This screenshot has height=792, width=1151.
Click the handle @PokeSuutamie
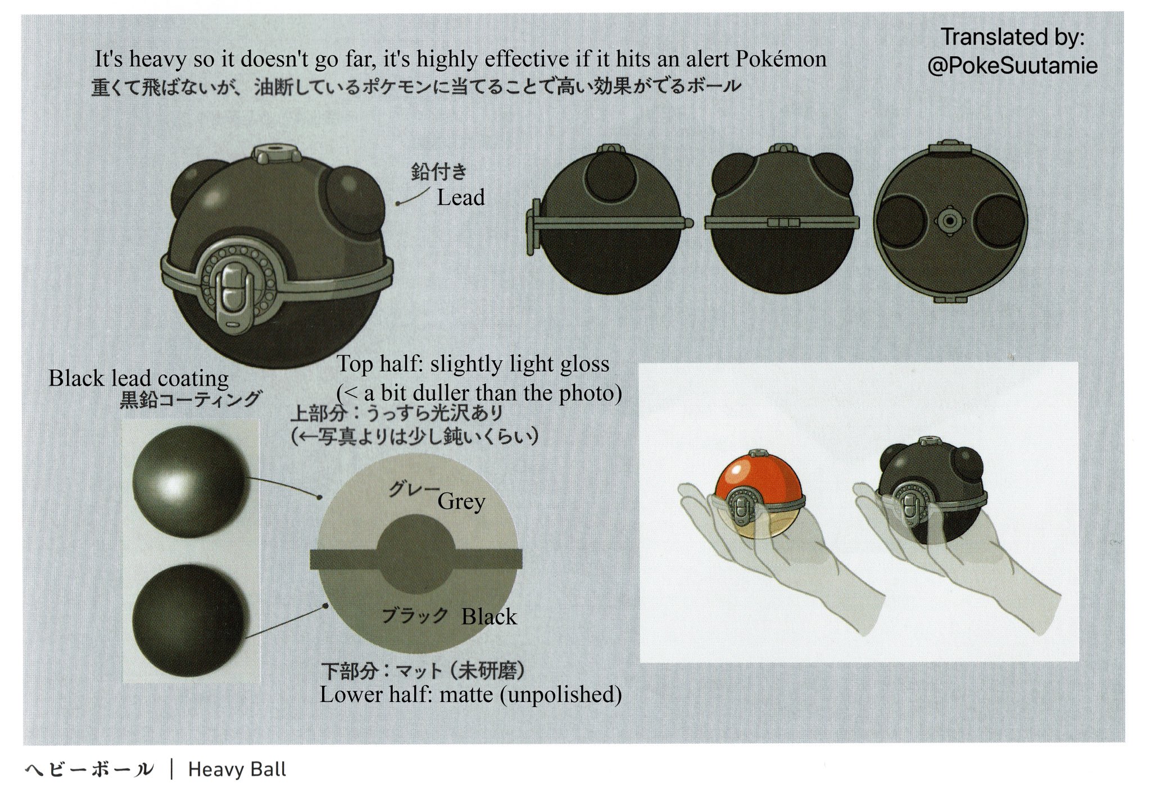pyautogui.click(x=1012, y=66)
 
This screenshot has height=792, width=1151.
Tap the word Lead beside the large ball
pyautogui.click(x=461, y=197)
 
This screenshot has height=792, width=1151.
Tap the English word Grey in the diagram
pyautogui.click(x=461, y=501)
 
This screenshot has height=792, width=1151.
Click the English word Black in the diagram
pyautogui.click(x=489, y=617)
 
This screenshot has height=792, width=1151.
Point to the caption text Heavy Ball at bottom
pyautogui.click(x=237, y=769)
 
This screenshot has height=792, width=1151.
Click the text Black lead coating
pyautogui.click(x=138, y=378)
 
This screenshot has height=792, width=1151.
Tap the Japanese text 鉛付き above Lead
pyautogui.click(x=439, y=172)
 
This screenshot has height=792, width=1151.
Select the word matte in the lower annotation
pyautogui.click(x=465, y=694)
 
